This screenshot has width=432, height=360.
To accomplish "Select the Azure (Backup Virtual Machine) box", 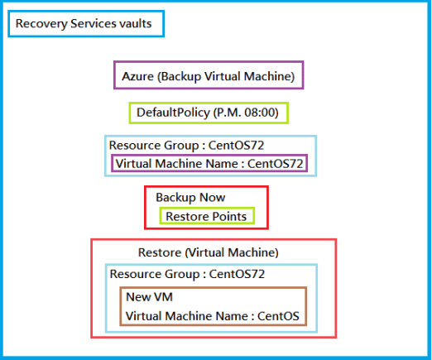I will point(209,75).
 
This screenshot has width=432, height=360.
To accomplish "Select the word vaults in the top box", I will point(136,24).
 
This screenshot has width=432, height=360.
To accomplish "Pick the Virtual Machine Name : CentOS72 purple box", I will point(209,164).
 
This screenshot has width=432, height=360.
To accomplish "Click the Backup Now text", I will point(190,198).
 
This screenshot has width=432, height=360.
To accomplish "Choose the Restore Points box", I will point(206,217).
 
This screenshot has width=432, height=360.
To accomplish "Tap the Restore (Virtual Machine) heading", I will point(208,252).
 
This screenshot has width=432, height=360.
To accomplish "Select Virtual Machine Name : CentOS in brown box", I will point(212,315).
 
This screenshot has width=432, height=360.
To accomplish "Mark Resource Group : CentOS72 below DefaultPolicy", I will point(186,144).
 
